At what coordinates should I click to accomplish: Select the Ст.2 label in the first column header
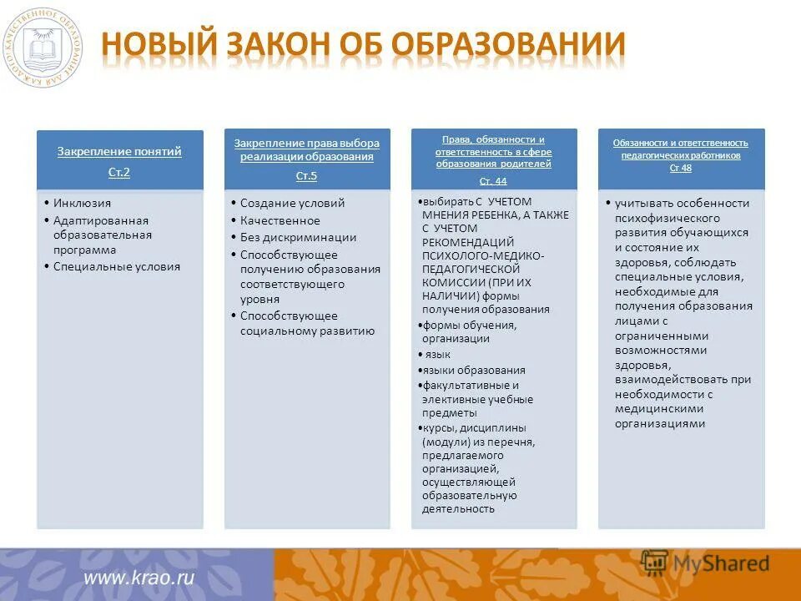[119, 173]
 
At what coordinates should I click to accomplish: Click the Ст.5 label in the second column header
[306, 176]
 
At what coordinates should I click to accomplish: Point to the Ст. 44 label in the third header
[493, 180]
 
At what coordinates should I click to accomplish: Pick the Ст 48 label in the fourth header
[681, 168]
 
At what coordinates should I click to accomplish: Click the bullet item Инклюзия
[82, 203]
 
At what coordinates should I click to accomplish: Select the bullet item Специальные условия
[116, 267]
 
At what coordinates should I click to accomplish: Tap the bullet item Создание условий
[292, 203]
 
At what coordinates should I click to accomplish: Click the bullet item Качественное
[280, 221]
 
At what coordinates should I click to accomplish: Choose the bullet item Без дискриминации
[298, 237]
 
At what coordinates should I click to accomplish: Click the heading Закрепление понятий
[119, 152]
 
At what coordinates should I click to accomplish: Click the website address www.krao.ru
[139, 577]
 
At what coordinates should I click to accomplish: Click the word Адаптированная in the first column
[101, 220]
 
